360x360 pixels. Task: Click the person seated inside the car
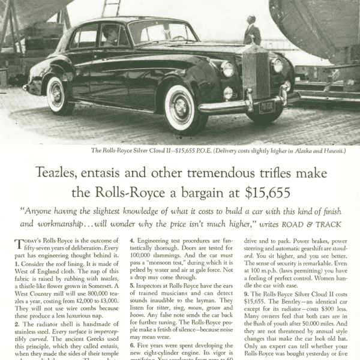coord(110,35)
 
